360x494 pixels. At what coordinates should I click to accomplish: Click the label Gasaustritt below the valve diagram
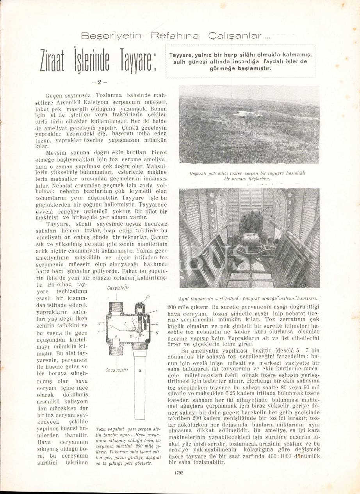point(117,369)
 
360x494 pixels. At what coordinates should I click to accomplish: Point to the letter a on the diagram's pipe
point(140,370)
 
